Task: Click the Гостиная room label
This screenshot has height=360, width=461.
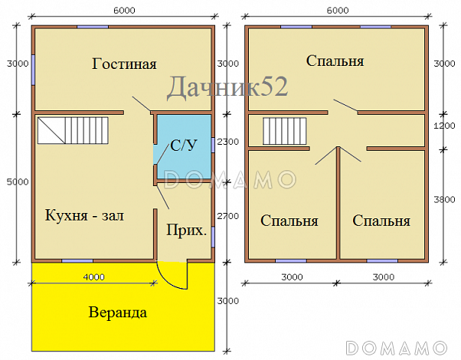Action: [x=124, y=64]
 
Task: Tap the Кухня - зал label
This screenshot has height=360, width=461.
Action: [x=84, y=215]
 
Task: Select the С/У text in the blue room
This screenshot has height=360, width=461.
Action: [x=182, y=146]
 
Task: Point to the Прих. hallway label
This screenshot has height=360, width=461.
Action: [x=187, y=229]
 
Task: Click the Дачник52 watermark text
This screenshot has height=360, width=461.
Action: [x=227, y=87]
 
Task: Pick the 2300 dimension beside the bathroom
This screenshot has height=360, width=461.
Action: [x=228, y=142]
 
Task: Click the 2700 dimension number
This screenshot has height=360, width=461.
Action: [x=228, y=216]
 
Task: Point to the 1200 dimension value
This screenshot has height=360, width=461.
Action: [x=444, y=126]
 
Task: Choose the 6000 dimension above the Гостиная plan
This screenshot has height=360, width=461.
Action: [x=122, y=10]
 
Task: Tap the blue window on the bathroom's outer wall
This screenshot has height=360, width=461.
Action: [x=213, y=146]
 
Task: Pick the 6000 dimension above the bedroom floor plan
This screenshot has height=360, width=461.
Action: [x=336, y=10]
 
